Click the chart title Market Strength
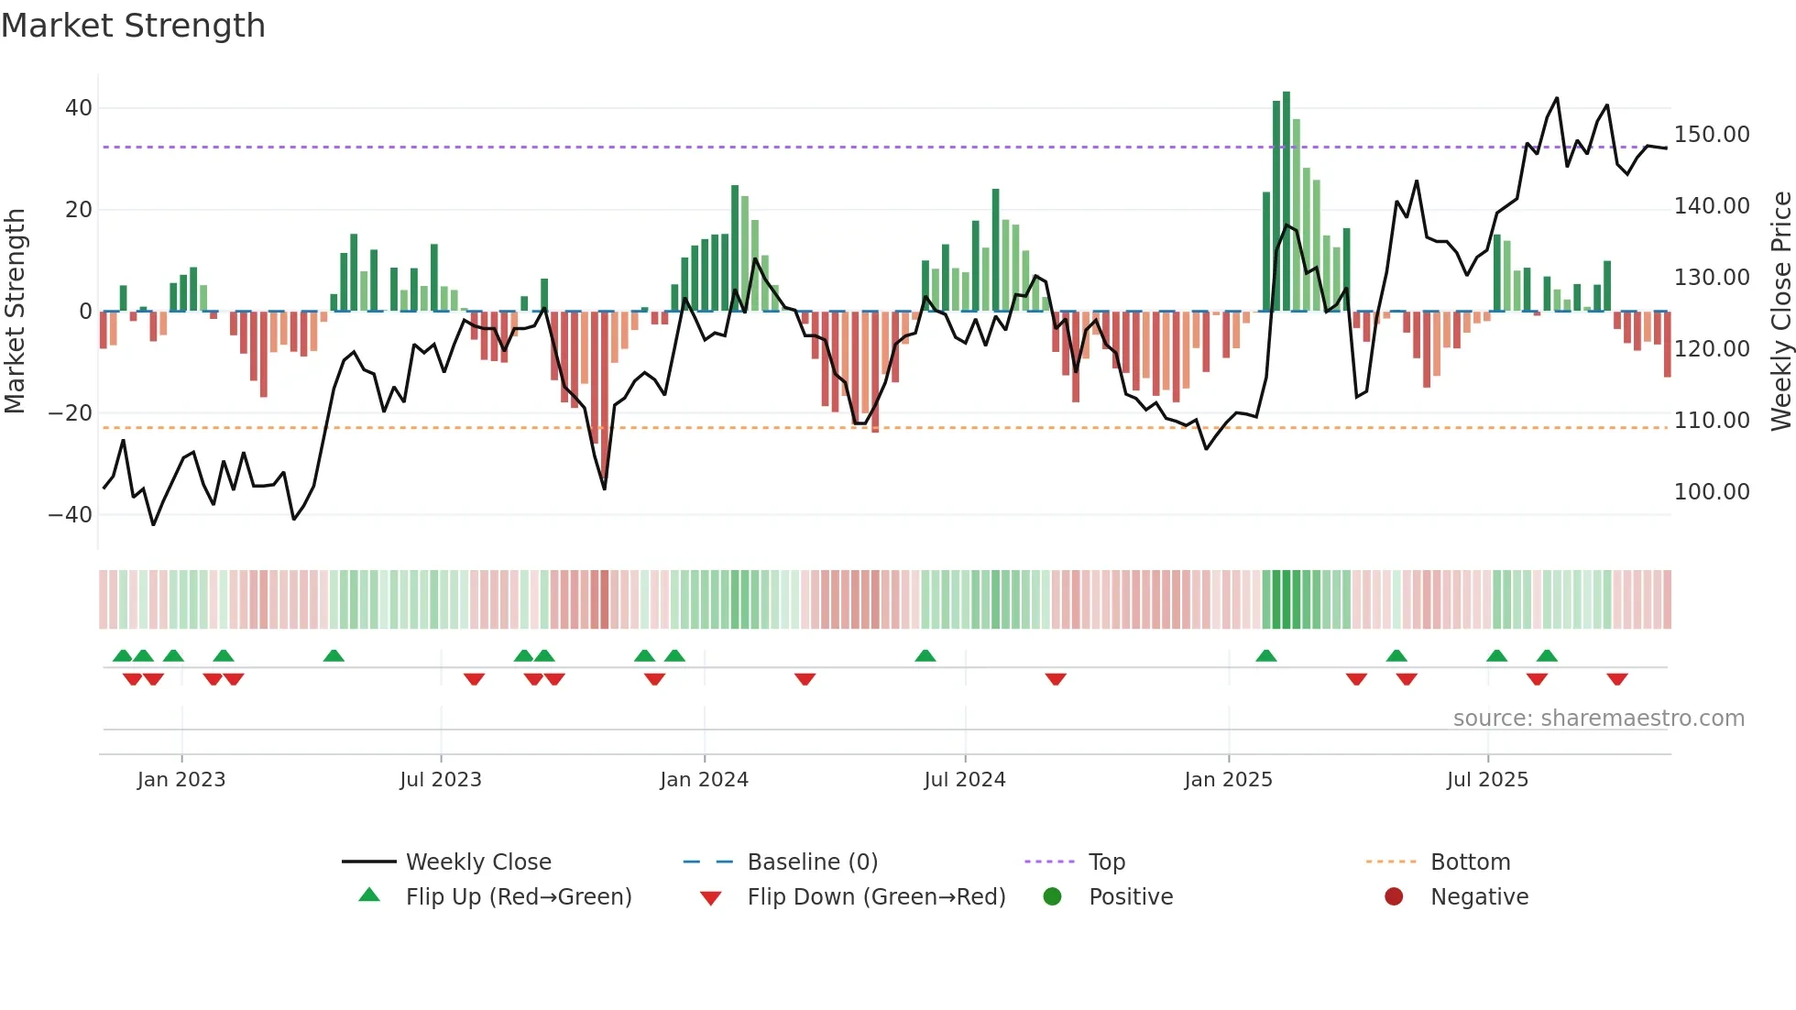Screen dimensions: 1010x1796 click(x=133, y=26)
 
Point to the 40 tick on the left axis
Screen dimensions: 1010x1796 click(x=79, y=108)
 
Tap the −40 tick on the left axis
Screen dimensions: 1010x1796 click(x=71, y=514)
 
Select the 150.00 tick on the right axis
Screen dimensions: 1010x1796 click(x=1711, y=135)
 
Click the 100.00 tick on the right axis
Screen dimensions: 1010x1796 click(x=1711, y=492)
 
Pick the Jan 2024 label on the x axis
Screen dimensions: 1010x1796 click(x=704, y=780)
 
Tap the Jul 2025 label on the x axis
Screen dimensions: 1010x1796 click(x=1487, y=780)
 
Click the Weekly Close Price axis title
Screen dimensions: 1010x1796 click(x=1780, y=311)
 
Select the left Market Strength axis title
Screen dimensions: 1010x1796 click(x=15, y=311)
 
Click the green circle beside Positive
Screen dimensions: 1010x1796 click(x=1052, y=897)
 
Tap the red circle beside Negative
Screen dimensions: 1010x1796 click(x=1394, y=897)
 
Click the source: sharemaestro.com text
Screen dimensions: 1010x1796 click(x=1598, y=719)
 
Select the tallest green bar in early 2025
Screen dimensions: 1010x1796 click(x=1287, y=202)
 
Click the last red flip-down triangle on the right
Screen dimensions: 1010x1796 click(x=1616, y=679)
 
